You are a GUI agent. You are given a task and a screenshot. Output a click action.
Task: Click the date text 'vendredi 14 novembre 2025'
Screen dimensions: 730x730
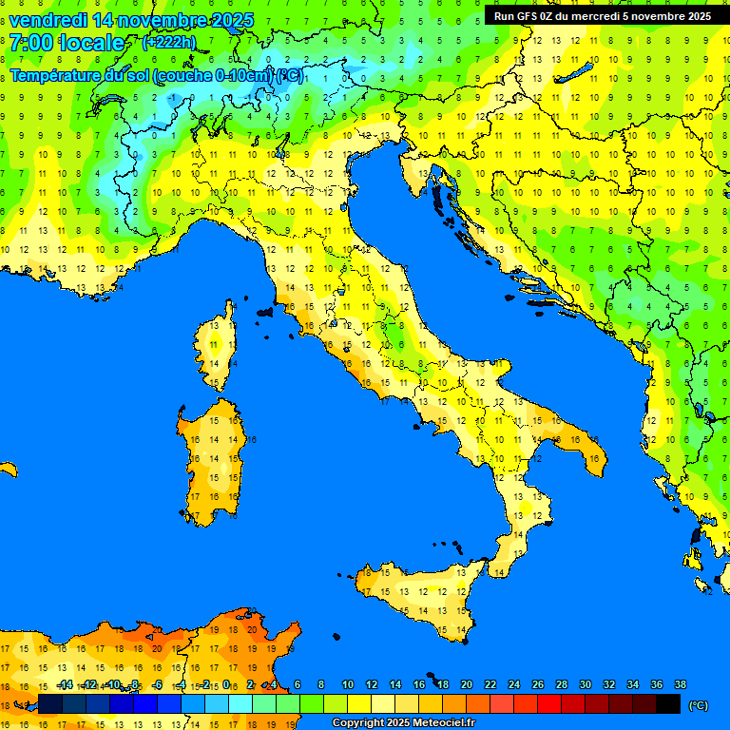(131, 20)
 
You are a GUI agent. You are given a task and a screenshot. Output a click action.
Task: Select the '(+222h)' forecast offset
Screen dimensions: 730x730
(169, 42)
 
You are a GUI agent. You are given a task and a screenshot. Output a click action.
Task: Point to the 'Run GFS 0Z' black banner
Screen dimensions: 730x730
(603, 15)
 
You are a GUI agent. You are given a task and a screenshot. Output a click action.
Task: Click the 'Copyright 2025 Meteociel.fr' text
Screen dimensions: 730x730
(403, 722)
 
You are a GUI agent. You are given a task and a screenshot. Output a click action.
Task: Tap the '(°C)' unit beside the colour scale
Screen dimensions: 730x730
(698, 705)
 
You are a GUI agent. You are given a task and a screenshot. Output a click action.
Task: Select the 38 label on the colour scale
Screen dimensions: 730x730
(681, 684)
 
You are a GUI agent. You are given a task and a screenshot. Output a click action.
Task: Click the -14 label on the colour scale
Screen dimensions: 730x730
(65, 684)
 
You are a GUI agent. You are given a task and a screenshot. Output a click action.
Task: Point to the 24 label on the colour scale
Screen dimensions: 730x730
(514, 684)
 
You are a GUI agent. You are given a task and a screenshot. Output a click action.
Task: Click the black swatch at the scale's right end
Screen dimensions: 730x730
(668, 703)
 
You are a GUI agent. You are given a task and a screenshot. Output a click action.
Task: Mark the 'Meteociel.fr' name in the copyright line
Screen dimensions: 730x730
(439, 722)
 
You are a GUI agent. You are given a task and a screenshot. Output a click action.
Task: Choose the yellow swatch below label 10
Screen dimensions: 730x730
(359, 703)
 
